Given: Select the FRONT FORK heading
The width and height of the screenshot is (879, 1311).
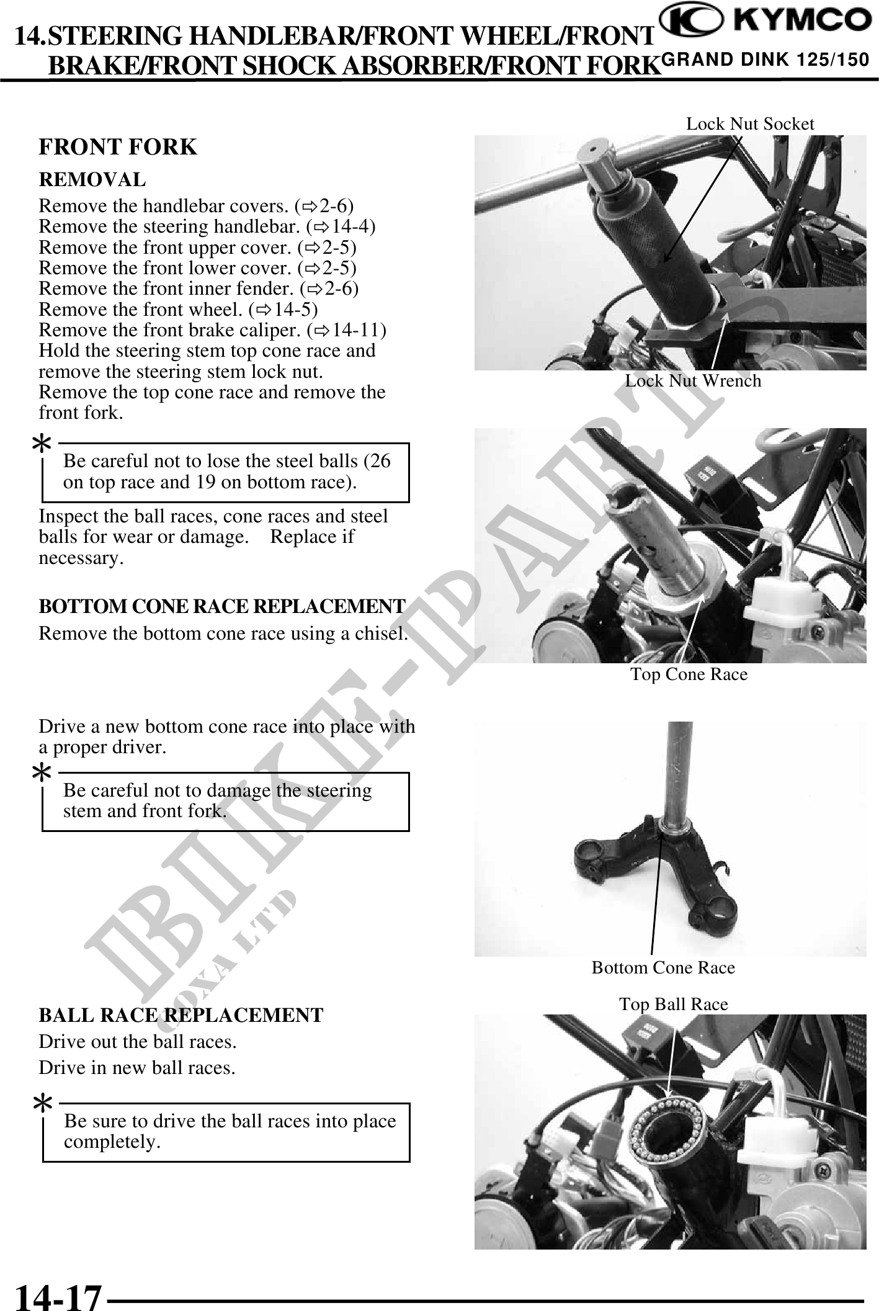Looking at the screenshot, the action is [118, 147].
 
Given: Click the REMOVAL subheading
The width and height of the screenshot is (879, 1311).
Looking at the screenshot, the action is [92, 180].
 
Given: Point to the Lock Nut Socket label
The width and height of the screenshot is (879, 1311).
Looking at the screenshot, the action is [750, 124].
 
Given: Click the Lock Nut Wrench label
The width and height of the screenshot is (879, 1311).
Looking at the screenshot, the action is [693, 380].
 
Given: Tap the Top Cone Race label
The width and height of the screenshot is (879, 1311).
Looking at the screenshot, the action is [689, 674].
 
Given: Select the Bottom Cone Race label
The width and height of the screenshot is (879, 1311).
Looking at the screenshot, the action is [663, 967].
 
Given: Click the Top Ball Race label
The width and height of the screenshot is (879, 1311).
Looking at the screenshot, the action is [674, 1004].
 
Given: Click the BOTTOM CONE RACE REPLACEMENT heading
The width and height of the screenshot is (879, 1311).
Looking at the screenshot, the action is [222, 606].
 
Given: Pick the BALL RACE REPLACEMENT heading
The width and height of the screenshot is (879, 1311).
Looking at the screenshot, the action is [181, 1015].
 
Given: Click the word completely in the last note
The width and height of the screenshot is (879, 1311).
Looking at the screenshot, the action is [112, 1142].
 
